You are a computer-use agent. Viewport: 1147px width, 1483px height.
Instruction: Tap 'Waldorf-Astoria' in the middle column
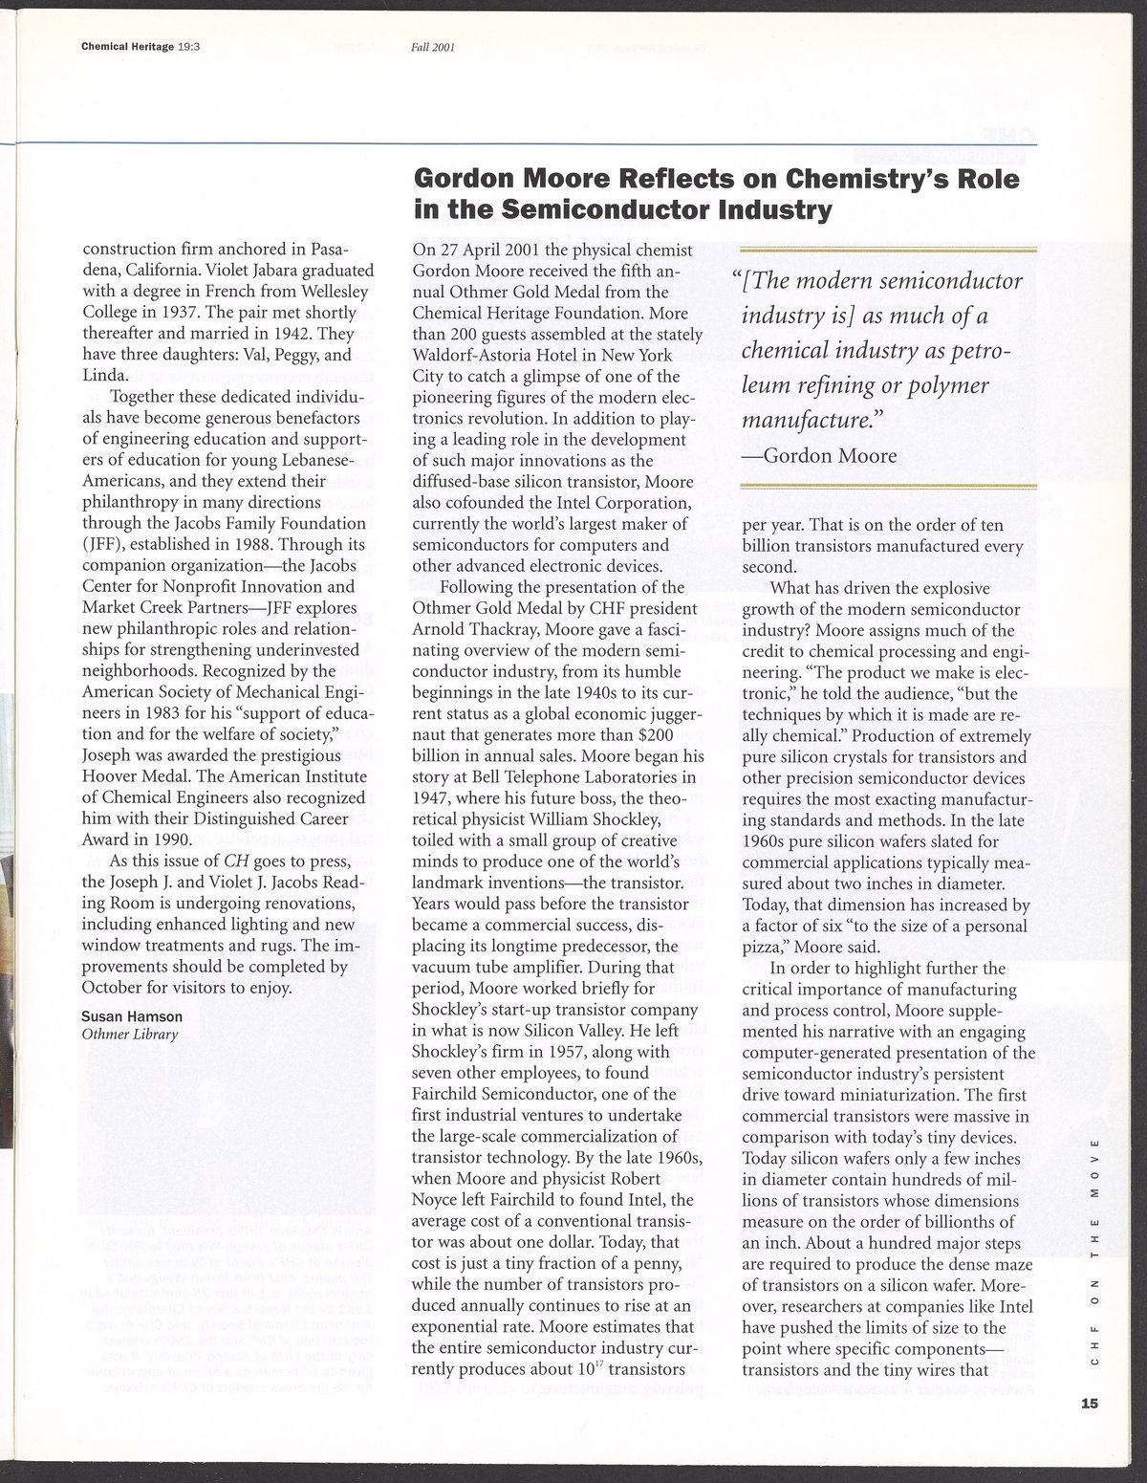click(465, 355)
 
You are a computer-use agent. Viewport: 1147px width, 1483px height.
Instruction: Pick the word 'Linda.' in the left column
click(104, 376)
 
